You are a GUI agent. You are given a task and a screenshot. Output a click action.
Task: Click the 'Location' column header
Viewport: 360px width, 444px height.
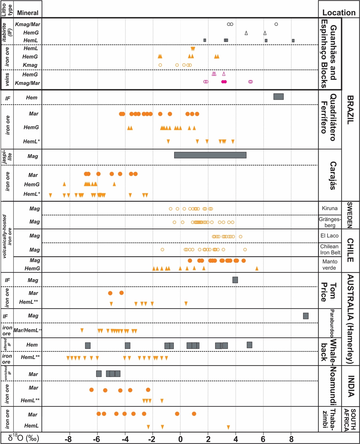pyautogui.click(x=339, y=13)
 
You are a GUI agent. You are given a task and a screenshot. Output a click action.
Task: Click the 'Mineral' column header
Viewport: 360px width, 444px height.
pyautogui.click(x=28, y=13)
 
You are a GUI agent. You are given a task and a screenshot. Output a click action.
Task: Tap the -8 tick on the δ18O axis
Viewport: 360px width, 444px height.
pyautogui.click(x=68, y=439)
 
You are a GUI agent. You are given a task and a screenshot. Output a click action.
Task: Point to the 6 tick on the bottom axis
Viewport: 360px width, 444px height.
pyautogui.click(x=263, y=439)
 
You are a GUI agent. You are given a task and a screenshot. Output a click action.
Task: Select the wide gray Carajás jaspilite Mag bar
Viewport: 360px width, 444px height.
pyautogui.click(x=210, y=155)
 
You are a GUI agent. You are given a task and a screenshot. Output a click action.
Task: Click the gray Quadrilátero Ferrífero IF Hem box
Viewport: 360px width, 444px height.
pyautogui.click(x=278, y=97)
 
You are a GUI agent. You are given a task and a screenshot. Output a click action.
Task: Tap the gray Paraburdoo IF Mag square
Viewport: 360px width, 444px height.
pyautogui.click(x=306, y=316)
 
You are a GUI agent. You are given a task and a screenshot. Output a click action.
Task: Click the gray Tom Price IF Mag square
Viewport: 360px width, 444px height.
pyautogui.click(x=235, y=280)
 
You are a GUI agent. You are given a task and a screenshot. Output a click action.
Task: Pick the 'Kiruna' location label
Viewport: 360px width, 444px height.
pyautogui.click(x=330, y=208)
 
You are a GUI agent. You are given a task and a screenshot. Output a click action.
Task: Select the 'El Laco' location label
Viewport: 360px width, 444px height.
pyautogui.click(x=329, y=236)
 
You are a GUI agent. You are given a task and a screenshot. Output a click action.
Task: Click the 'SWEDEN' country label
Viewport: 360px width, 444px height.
pyautogui.click(x=350, y=215)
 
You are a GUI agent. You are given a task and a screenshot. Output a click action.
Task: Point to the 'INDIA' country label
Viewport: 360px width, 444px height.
pyautogui.click(x=351, y=386)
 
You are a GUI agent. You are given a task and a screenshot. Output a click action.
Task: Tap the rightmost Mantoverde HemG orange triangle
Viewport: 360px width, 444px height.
pyautogui.click(x=257, y=268)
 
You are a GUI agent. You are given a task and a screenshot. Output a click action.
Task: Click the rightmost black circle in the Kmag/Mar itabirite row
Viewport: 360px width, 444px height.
pyautogui.click(x=276, y=24)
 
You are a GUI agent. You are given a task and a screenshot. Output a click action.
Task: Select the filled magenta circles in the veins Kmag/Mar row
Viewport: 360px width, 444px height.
pyautogui.click(x=224, y=82)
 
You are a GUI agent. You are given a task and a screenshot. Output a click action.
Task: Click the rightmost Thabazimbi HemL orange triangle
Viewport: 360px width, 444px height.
pyautogui.click(x=228, y=427)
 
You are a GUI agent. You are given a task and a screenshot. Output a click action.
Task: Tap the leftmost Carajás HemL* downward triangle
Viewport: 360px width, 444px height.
pyautogui.click(x=50, y=195)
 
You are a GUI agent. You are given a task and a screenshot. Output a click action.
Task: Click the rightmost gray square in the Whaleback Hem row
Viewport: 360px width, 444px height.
pyautogui.click(x=249, y=345)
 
